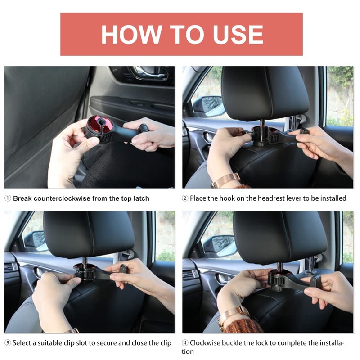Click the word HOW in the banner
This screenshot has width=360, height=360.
click(132, 34)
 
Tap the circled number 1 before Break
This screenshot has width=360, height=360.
click(8, 198)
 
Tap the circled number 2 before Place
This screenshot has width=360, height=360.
click(185, 198)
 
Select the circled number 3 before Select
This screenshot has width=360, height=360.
click(8, 343)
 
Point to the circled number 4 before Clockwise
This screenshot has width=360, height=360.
click(185, 343)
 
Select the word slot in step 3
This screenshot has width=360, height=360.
click(81, 343)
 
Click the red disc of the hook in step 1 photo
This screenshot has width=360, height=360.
click(99, 125)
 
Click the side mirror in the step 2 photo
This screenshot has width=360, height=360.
click(208, 106)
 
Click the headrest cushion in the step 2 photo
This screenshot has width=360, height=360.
click(265, 93)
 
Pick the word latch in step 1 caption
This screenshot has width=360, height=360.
click(141, 198)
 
